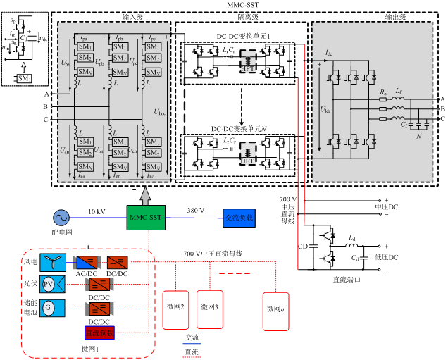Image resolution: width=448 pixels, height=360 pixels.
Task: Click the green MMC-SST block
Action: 146,218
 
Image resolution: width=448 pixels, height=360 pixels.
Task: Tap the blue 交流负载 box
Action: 239,218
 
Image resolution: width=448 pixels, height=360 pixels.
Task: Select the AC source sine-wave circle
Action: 61,218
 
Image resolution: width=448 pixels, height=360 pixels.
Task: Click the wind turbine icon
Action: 52,263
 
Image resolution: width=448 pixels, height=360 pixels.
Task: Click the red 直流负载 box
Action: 99,333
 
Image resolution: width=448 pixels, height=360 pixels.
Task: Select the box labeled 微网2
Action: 176,310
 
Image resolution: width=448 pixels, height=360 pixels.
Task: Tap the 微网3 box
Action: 209,309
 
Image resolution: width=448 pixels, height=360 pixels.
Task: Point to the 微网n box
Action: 275,311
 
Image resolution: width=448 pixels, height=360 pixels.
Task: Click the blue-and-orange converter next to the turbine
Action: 87,263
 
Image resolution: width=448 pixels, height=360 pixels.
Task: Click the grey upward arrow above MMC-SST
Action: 146,195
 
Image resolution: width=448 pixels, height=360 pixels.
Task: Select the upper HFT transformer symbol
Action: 248,61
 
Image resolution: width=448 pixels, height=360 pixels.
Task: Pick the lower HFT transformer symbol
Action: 248,152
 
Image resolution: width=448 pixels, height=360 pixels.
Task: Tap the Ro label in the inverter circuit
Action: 383,92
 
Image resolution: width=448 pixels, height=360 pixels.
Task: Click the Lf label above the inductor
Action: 399,92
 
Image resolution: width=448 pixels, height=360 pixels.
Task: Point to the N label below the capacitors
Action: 418,136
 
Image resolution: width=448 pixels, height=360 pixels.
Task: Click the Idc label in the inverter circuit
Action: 328,53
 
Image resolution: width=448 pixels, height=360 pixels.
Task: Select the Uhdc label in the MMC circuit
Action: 160,112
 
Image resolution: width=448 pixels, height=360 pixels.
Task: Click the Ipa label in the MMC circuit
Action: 83,38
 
